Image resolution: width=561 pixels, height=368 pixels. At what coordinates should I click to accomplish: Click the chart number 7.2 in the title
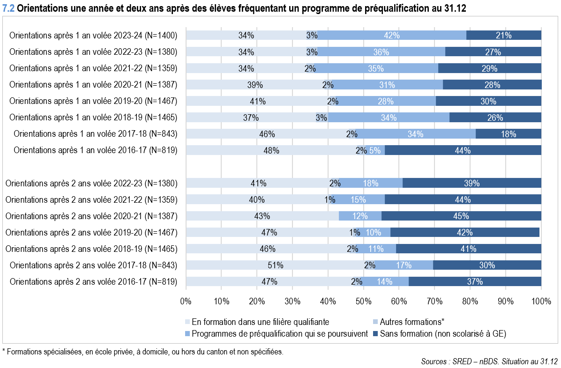(8, 9)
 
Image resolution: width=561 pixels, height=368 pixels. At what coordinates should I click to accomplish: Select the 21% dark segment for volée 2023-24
(504, 35)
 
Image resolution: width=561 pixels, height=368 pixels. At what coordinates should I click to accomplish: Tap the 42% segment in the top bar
(392, 35)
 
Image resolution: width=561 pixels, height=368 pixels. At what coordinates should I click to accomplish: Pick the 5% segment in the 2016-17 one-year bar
(375, 150)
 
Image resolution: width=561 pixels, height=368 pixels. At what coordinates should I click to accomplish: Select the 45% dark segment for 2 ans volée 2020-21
(461, 216)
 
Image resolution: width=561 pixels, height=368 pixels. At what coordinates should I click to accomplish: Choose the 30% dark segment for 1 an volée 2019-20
(488, 101)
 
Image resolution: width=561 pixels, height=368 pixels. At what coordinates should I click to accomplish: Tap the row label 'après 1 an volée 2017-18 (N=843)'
(96, 134)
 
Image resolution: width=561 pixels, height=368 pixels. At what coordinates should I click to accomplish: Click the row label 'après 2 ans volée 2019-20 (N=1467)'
(91, 233)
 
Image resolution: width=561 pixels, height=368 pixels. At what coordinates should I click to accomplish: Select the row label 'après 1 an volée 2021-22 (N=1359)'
(93, 68)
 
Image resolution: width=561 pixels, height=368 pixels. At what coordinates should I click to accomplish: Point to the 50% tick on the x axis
(364, 300)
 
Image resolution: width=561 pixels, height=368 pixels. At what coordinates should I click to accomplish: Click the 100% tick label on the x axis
(541, 300)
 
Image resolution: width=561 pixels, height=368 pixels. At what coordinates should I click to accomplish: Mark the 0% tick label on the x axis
(186, 300)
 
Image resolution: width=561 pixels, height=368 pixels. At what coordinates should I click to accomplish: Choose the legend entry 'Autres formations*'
(412, 322)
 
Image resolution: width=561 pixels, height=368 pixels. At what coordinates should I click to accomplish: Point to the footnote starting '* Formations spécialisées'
(142, 351)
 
